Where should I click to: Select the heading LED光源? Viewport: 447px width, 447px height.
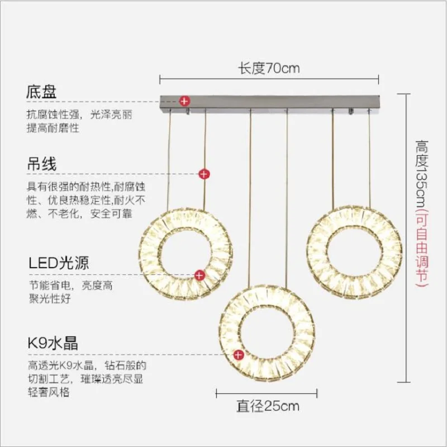(59, 263)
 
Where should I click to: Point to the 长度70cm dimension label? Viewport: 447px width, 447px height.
(269, 69)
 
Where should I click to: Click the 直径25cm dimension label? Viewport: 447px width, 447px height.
(268, 406)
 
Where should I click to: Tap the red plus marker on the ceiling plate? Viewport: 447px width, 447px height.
(184, 101)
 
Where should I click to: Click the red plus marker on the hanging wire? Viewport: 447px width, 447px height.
(205, 174)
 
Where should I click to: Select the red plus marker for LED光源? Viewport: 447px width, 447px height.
(199, 275)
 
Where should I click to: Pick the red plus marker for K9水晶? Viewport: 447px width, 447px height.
(239, 354)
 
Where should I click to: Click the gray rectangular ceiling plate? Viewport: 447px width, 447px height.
(269, 102)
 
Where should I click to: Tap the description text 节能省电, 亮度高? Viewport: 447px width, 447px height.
(71, 285)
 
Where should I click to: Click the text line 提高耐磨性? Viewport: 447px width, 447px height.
(53, 129)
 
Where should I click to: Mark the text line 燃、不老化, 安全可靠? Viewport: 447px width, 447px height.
(79, 213)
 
